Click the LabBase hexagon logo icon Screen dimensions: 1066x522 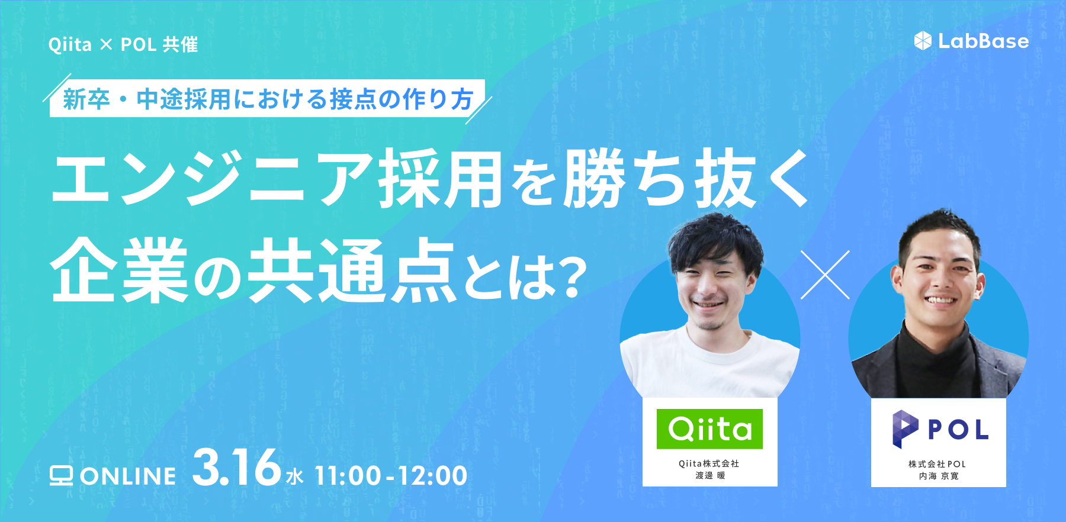(923, 41)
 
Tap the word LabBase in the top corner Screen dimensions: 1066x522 (984, 41)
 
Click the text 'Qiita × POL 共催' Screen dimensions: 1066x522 (123, 44)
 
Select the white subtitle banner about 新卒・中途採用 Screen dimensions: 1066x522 (268, 98)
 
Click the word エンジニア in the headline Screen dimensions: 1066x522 (213, 178)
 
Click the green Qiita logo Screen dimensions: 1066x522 (709, 428)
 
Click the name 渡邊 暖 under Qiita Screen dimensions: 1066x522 (710, 475)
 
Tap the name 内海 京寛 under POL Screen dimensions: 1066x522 (938, 476)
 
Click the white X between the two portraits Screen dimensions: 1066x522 (825, 275)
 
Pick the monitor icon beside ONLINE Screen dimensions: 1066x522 (61, 476)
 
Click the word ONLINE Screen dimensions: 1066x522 (129, 476)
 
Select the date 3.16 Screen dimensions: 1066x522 (236, 468)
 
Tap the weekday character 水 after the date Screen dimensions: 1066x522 (294, 477)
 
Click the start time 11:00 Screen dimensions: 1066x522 (348, 476)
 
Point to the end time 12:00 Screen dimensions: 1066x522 (432, 476)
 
